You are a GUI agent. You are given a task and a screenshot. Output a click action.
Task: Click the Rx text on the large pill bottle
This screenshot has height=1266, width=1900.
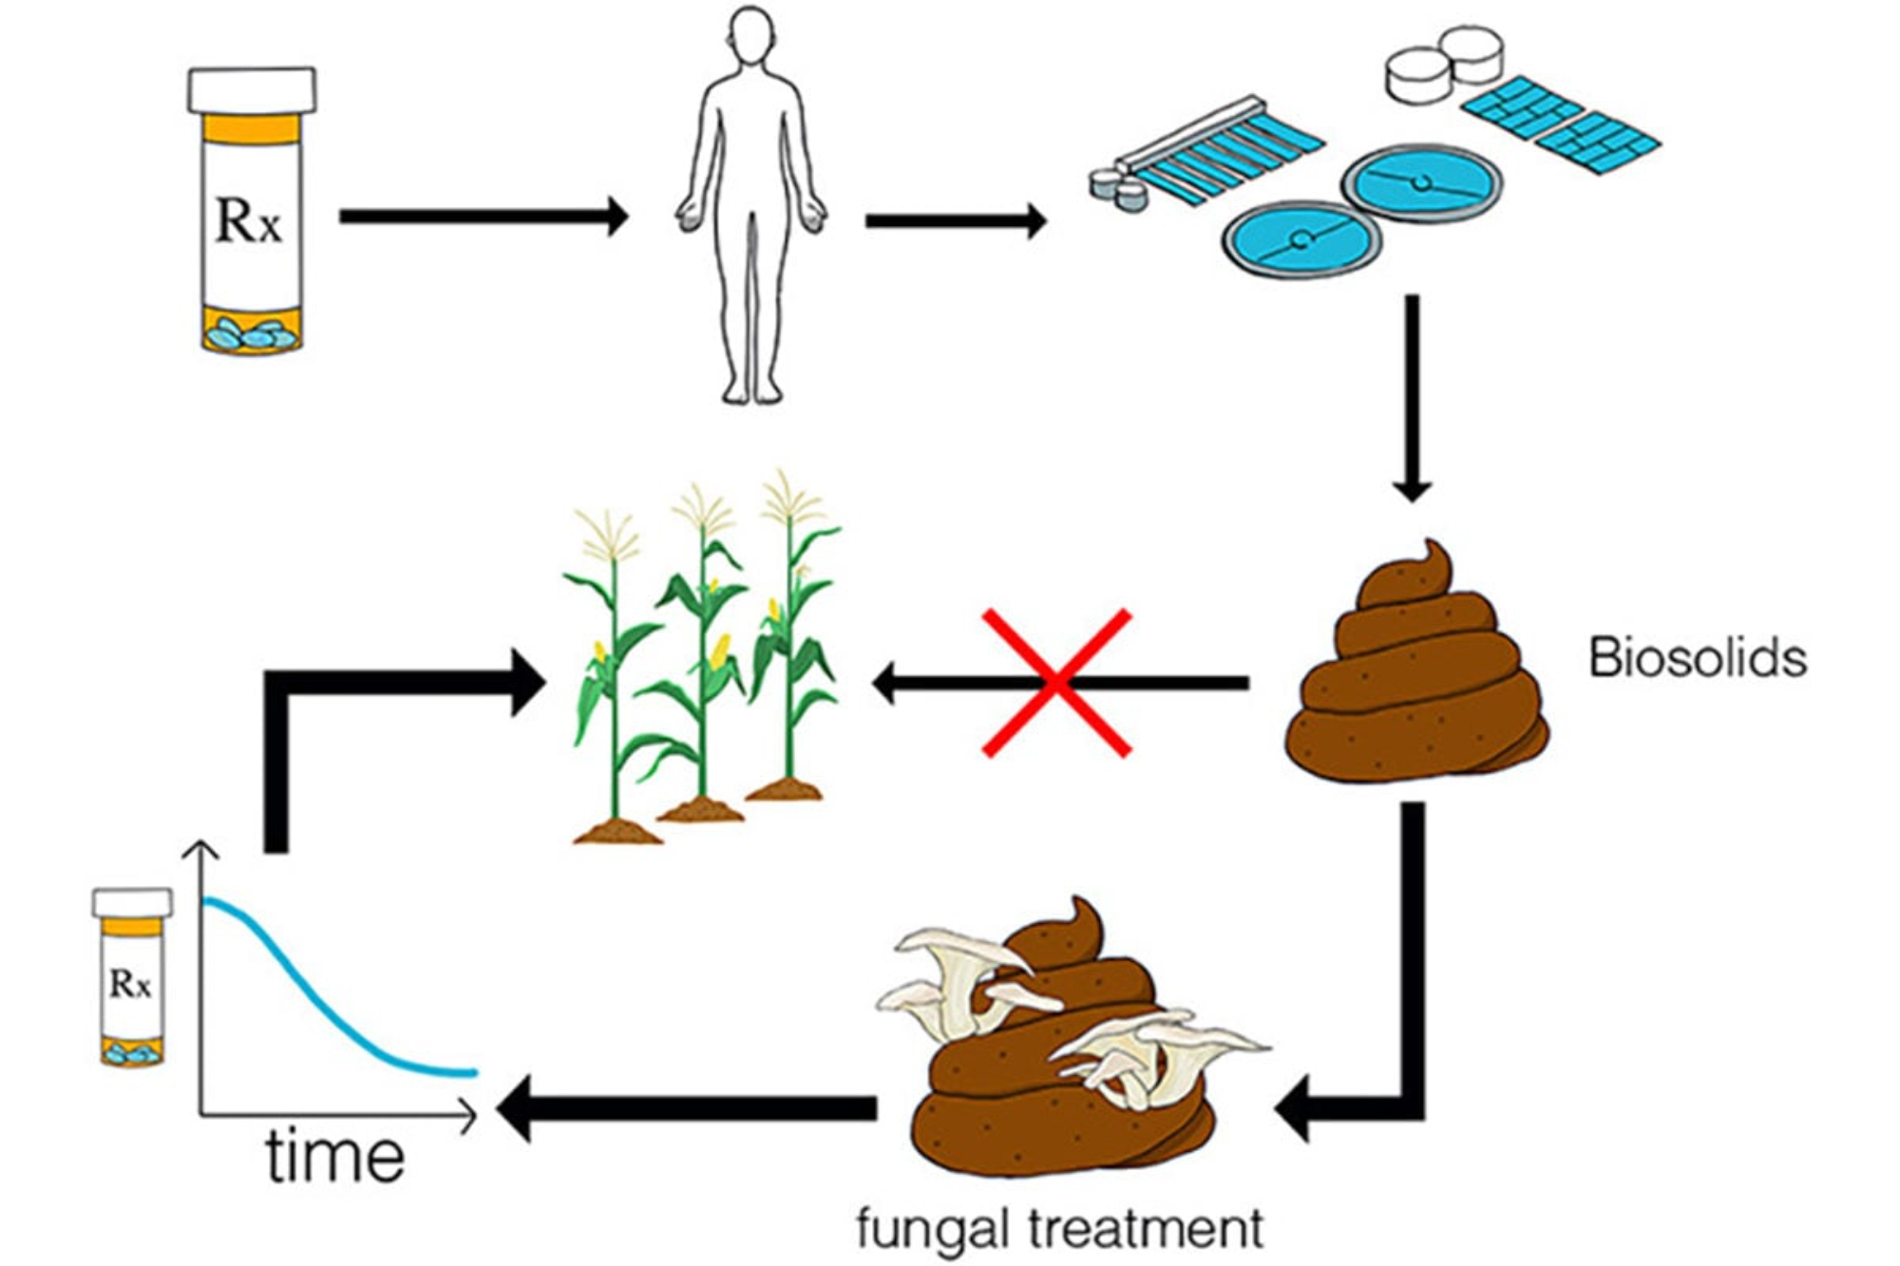(x=249, y=220)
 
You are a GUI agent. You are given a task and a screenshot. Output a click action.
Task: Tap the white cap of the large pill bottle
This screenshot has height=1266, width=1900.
(x=252, y=91)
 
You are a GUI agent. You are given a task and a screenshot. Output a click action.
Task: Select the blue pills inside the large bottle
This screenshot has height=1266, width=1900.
(x=252, y=334)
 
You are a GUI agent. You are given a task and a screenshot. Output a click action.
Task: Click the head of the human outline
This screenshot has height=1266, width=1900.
(x=751, y=36)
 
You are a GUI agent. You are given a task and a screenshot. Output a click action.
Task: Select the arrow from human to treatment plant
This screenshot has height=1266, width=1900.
(x=954, y=222)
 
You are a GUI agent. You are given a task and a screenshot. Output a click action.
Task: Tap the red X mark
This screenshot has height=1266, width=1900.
(x=1056, y=683)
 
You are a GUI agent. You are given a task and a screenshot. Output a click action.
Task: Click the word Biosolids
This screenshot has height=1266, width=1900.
(x=1698, y=657)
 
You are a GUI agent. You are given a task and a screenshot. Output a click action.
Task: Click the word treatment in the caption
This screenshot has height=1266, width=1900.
(x=1148, y=1228)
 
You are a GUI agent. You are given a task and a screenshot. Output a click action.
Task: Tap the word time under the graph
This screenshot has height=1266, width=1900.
(x=334, y=1156)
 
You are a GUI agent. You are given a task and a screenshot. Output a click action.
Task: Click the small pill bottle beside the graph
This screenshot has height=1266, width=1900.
(x=132, y=978)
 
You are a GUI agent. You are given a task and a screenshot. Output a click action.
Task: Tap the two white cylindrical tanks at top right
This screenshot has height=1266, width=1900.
(x=1444, y=63)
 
